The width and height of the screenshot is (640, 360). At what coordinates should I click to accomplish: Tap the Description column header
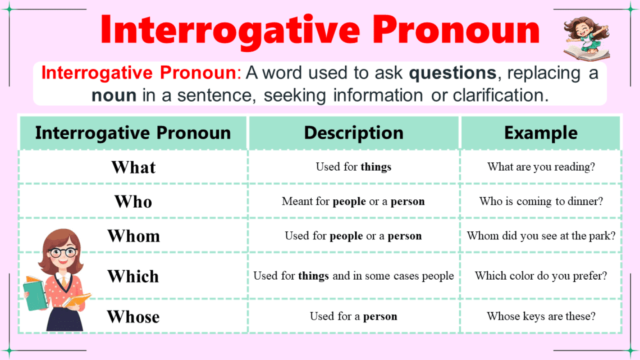point(354,133)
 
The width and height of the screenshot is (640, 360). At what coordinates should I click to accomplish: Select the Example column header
point(541,133)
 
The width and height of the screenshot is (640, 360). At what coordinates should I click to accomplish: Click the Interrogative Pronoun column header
point(133,133)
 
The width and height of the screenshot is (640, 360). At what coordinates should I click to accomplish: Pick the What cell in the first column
point(134,167)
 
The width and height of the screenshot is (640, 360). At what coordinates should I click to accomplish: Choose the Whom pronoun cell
point(134,236)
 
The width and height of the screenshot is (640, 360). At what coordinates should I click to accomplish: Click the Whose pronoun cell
point(134,317)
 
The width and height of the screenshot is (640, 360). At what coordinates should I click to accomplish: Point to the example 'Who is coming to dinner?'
point(541,201)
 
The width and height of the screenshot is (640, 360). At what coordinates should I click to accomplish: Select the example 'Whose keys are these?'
point(541,316)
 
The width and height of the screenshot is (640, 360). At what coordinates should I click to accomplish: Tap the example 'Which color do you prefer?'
point(541,276)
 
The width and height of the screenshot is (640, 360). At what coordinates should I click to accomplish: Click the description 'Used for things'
point(354,167)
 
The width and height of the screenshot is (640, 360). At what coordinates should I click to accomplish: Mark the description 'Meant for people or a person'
point(354,201)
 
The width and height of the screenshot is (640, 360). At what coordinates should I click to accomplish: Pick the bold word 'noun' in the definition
point(113,95)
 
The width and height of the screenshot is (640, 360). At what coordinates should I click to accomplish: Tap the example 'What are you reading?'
point(541,167)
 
